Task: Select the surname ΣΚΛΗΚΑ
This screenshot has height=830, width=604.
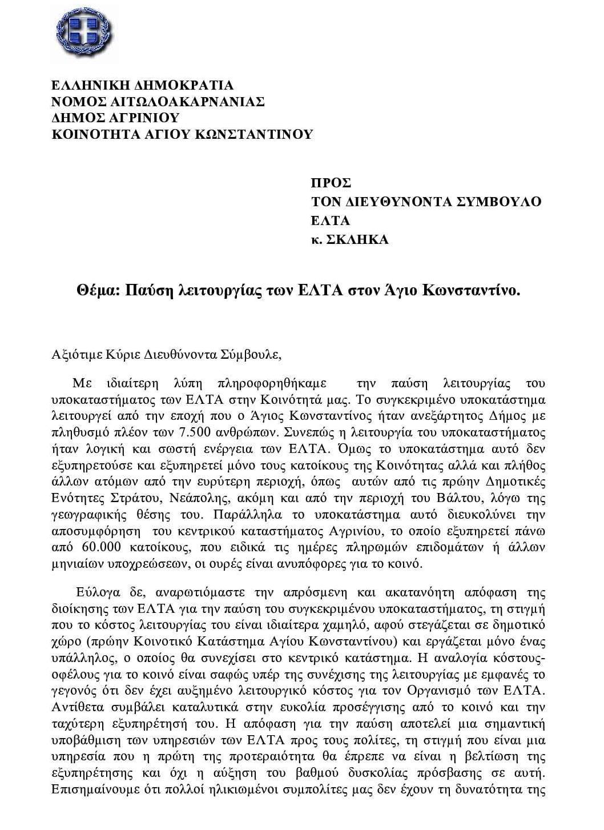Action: click(x=357, y=240)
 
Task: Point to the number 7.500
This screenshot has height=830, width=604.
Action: click(x=167, y=431)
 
